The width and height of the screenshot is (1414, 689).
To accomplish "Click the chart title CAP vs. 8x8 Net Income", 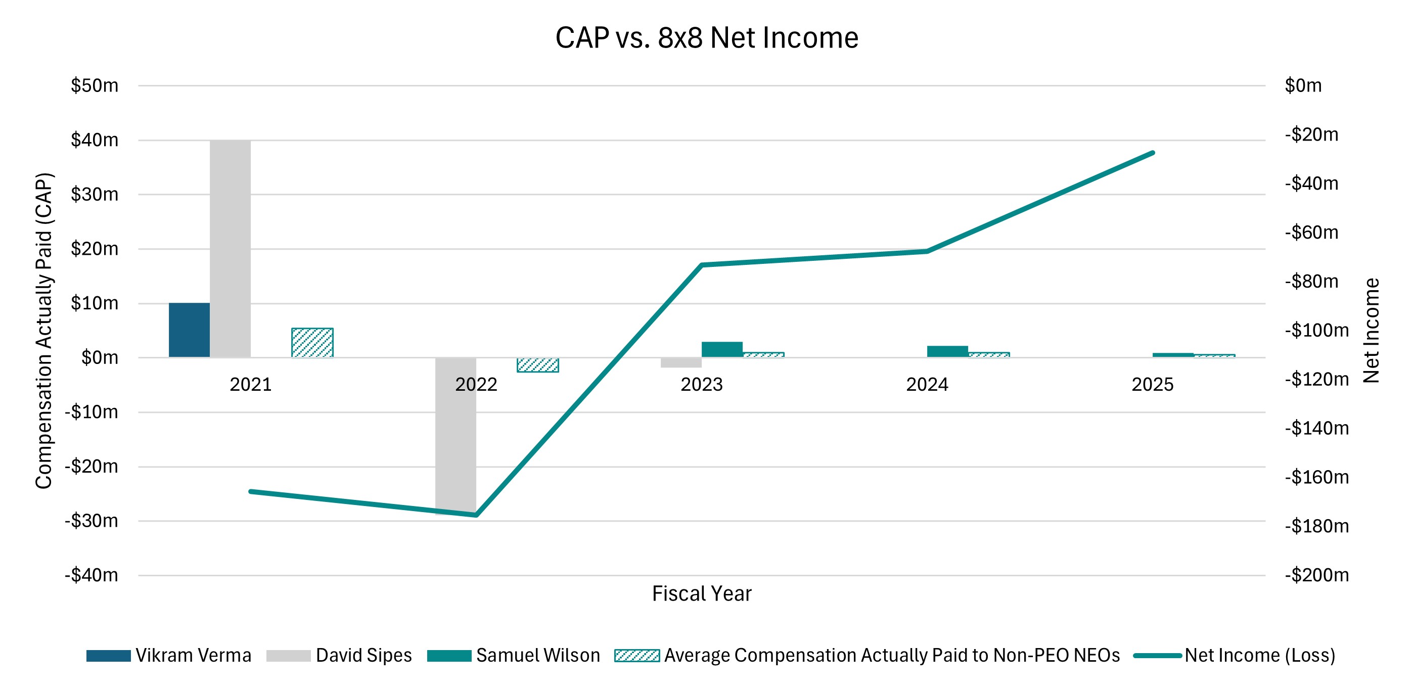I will [706, 38].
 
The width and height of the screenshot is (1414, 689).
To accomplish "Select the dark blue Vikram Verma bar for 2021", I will [189, 330].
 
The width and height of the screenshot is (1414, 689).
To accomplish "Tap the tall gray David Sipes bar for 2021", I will [230, 248].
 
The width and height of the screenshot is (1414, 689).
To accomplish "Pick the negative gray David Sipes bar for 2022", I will [455, 435].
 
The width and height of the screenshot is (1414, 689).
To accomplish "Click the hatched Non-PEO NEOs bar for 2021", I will [312, 343].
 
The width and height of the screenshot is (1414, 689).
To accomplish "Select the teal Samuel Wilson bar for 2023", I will [722, 350].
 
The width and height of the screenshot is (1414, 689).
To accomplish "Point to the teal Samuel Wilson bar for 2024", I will [947, 351].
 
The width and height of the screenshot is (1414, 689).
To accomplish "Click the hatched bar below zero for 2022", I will [537, 365].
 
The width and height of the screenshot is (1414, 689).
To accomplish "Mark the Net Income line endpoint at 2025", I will [1153, 153].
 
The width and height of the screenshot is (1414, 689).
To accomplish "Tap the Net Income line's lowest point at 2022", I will [476, 515].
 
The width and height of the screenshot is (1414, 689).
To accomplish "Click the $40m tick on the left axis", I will [95, 140].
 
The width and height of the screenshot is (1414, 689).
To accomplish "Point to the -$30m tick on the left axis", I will [91, 521].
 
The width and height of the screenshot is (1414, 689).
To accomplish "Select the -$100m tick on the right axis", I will [1316, 331].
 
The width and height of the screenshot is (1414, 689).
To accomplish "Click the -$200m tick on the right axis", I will [1316, 575].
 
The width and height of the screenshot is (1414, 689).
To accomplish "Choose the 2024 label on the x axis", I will [927, 384].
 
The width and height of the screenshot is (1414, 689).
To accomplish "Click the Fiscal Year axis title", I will [702, 593].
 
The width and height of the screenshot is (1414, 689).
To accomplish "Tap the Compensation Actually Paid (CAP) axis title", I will [44, 331].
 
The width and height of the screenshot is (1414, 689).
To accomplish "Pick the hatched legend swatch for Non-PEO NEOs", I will [637, 656].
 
